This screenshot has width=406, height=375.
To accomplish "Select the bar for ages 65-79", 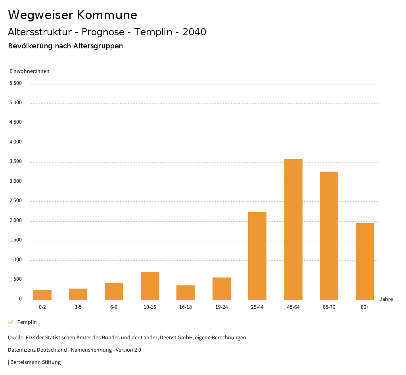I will point(329,235).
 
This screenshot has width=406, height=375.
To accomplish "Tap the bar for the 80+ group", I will point(365,261).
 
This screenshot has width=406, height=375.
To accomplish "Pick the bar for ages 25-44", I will point(257,256).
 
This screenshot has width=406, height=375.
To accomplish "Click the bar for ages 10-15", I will point(150,285).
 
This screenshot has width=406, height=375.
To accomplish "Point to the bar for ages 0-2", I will point(42,295).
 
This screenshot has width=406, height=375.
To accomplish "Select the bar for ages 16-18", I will point(186,292).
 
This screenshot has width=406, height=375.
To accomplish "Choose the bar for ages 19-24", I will point(222,288).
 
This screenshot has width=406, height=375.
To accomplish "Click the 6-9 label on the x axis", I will point(114,307).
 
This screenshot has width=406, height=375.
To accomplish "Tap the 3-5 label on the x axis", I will point(78,307).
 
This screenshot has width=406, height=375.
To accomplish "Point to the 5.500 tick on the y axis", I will point(15,83).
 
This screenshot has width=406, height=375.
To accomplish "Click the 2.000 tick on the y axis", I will point(15,220).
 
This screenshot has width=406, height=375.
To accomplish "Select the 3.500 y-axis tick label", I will point(15,161).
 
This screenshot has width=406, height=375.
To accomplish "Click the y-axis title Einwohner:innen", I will point(29,71).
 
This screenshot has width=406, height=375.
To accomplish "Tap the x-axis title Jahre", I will point(386,299).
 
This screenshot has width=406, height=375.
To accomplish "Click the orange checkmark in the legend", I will point(11,322).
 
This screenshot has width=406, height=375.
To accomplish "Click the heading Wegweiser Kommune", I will point(73,15).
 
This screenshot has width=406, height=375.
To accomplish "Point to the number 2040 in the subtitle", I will point(194,32).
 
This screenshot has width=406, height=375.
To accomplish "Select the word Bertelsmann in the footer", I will point(25,362).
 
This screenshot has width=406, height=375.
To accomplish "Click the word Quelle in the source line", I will point(15,338).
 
